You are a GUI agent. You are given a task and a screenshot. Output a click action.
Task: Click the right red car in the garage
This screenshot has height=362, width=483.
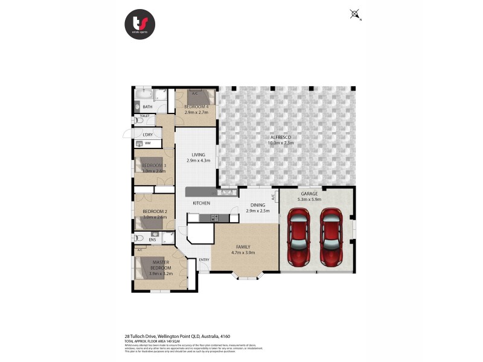point(331,237)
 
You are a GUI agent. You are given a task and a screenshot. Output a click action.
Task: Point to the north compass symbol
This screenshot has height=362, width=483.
point(354,14)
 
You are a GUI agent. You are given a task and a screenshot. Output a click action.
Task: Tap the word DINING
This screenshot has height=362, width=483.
point(258,205)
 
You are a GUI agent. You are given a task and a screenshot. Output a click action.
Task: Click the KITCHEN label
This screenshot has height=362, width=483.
point(201,203)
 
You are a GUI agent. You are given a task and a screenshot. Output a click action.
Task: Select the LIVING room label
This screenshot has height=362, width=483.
point(198,154)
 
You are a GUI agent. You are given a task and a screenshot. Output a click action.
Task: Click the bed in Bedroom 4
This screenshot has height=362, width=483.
point(200,98)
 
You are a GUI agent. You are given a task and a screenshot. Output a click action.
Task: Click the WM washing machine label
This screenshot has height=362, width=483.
point(147,143)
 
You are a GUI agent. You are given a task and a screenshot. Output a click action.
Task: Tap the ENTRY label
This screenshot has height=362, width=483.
point(204,260)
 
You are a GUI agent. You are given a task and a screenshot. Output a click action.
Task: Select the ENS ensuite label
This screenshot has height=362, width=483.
point(152,240)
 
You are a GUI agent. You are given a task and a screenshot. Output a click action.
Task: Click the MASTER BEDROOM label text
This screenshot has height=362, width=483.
point(161,265)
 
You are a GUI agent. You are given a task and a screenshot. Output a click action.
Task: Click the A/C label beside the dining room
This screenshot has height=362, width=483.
point(273,197)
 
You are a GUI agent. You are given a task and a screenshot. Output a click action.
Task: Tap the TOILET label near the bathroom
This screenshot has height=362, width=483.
point(144,115)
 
